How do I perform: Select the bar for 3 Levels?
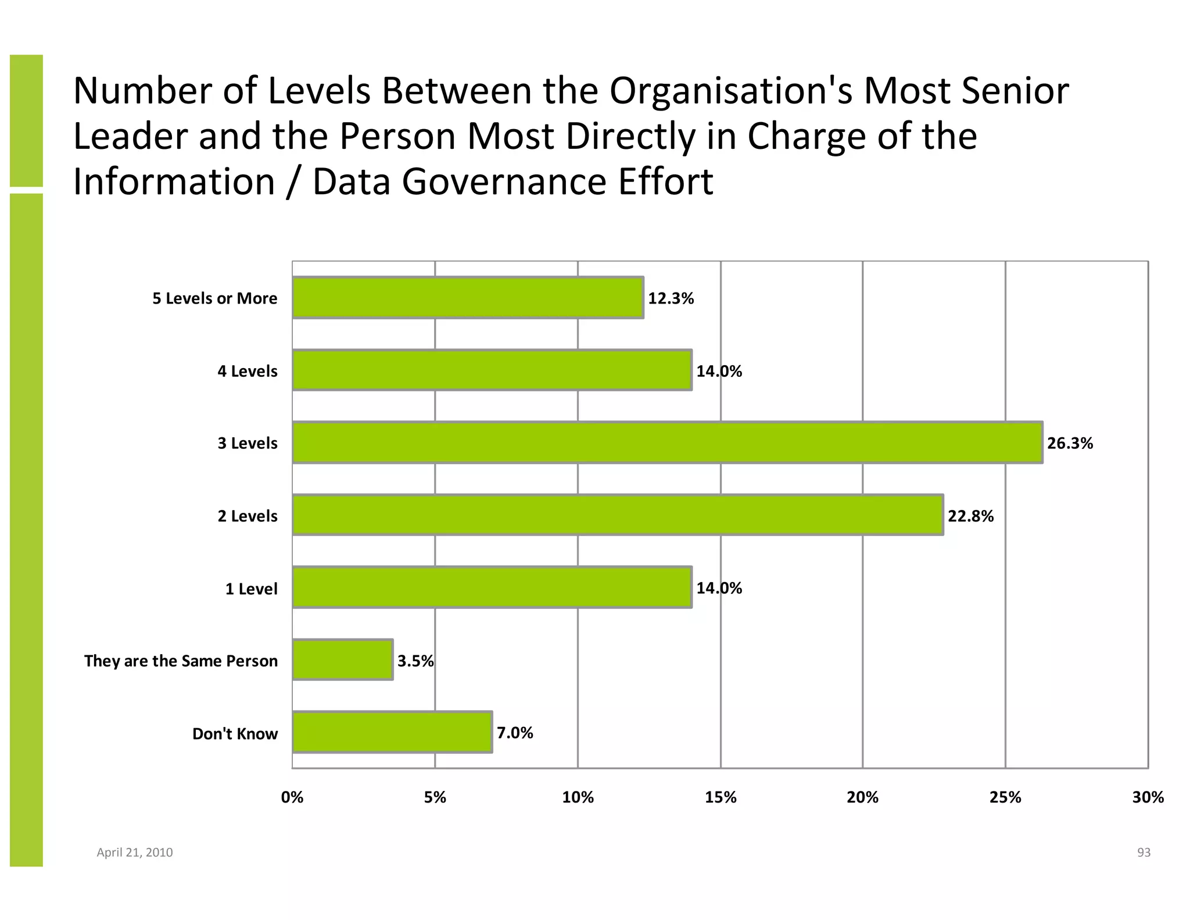click(x=667, y=443)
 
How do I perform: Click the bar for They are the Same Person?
click(x=343, y=659)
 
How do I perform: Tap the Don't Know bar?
click(x=392, y=732)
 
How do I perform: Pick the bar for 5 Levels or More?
click(x=468, y=298)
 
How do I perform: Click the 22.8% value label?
click(x=970, y=516)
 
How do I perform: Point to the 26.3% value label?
click(x=1070, y=443)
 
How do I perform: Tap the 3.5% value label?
click(x=415, y=661)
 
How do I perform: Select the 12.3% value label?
click(x=671, y=298)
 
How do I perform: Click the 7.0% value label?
click(x=515, y=733)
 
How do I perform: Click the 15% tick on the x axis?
click(x=721, y=797)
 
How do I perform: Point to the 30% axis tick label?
click(x=1148, y=797)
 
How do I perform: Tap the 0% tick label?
click(x=292, y=797)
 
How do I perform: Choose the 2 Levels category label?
click(x=248, y=516)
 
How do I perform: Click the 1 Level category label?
click(x=251, y=589)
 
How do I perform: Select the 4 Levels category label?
click(x=248, y=371)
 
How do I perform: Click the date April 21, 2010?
click(x=134, y=852)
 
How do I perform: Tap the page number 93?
click(x=1144, y=852)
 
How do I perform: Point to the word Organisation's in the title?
click(x=732, y=91)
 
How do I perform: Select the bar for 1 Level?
click(x=492, y=587)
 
